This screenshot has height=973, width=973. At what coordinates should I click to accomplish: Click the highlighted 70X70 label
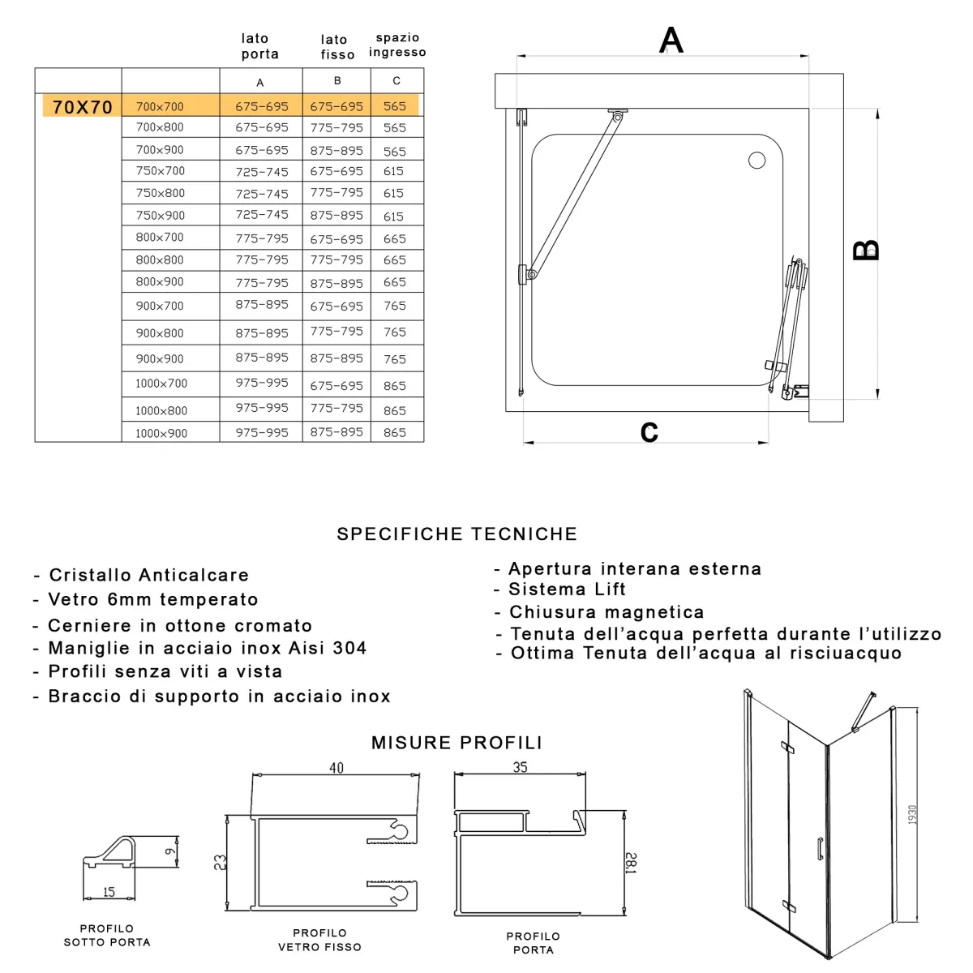tap(82, 107)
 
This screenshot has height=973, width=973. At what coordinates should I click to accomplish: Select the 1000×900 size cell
tap(161, 433)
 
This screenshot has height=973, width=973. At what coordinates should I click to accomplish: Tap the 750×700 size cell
tap(161, 171)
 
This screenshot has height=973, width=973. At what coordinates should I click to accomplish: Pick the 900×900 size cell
tap(160, 358)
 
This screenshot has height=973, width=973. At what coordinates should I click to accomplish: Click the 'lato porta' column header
tap(259, 46)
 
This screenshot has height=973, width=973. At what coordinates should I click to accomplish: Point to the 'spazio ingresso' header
tap(397, 45)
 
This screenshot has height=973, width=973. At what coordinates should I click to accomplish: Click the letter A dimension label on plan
tap(671, 41)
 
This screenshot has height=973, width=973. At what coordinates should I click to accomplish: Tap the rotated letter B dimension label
tap(866, 250)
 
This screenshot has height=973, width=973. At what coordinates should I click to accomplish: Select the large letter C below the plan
tap(649, 432)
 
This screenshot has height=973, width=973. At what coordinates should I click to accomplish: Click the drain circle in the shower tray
tap(757, 161)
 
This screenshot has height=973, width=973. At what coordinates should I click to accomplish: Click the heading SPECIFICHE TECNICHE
tap(456, 534)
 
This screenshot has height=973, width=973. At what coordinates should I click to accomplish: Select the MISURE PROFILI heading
tap(456, 743)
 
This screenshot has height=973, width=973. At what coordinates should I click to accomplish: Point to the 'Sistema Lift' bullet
tap(567, 589)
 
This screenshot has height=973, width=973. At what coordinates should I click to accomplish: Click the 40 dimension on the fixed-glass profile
tap(336, 768)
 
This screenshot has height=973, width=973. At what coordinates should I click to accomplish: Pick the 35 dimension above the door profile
tap(520, 767)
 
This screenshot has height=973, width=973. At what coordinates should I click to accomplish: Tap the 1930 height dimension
tap(912, 815)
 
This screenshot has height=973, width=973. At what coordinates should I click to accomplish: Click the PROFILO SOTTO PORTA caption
tap(107, 936)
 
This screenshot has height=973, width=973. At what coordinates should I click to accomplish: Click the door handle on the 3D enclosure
tap(821, 848)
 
